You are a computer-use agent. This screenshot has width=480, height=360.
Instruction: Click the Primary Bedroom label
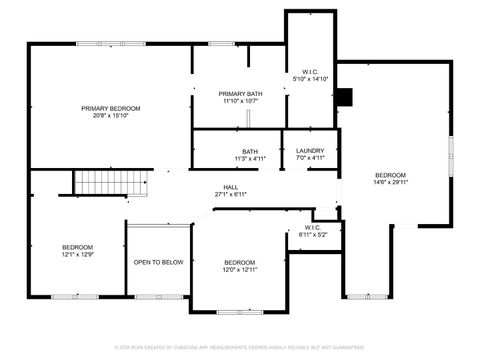coord(111,108)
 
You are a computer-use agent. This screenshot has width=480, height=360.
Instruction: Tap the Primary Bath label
coord(240,93)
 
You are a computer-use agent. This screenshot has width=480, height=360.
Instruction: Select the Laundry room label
coord(310,151)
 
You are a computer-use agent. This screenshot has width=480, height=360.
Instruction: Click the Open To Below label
coord(158,262)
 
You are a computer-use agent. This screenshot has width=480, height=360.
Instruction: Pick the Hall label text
coord(230,187)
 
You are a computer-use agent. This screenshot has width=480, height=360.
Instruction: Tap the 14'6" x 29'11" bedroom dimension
coord(391,182)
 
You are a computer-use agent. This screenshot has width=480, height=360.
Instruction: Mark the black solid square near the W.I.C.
coord(346,97)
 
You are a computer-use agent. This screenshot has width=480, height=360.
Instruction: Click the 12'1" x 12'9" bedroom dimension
coord(77,255)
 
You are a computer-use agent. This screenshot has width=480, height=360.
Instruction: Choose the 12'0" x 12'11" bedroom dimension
coord(240,269)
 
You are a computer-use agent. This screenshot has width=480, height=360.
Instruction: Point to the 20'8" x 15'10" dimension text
coord(111,115)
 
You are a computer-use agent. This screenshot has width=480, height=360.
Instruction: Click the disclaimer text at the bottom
coord(240,348)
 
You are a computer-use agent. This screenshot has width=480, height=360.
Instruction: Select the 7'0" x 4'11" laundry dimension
coord(310,158)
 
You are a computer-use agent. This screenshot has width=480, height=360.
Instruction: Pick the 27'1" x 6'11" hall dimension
coord(230,194)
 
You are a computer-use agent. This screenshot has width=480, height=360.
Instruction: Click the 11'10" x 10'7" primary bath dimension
coord(240,100)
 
